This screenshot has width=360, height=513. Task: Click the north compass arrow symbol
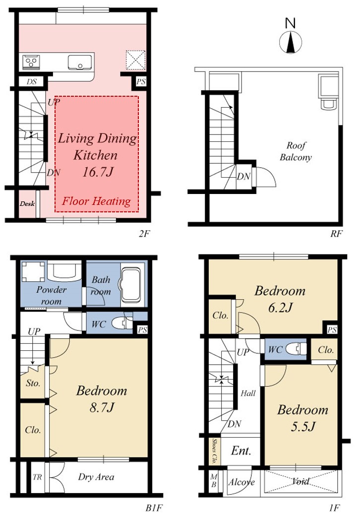(x=291, y=42)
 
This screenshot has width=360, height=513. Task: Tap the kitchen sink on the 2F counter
(x=80, y=63)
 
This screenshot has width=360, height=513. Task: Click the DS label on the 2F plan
(x=32, y=81)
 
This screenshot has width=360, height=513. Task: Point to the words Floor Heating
(x=97, y=201)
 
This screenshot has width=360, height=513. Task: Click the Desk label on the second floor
(x=27, y=204)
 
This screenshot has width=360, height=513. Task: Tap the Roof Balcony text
(x=296, y=151)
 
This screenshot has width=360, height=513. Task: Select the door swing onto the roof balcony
(x=264, y=177)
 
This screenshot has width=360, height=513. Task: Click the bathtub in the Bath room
(x=131, y=286)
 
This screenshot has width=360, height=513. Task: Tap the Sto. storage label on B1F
(x=33, y=383)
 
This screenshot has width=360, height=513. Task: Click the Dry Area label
(x=96, y=477)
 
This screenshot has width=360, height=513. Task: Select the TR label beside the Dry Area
(x=37, y=477)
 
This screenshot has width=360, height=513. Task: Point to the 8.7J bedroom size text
(x=102, y=408)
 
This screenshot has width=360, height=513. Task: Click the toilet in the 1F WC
(x=296, y=349)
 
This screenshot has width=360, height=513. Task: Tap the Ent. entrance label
(x=241, y=451)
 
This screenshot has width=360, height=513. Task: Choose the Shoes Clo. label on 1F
(x=215, y=451)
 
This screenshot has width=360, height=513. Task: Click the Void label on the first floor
(x=300, y=481)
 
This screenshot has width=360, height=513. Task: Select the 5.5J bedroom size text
(x=303, y=427)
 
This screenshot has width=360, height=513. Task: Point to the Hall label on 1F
(x=248, y=393)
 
